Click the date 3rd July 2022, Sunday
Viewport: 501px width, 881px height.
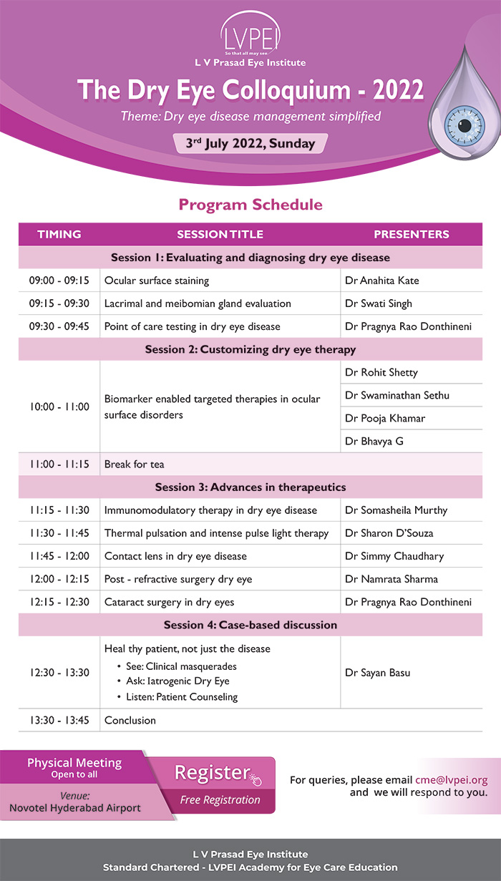(250, 143)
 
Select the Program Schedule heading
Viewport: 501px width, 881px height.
(250, 205)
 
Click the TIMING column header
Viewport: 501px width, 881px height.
(59, 234)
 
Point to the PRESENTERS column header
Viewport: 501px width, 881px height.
(412, 234)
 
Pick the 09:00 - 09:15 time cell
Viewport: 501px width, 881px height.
(59, 281)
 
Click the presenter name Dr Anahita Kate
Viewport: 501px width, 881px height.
(382, 281)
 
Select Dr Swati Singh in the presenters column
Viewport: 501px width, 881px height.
(379, 303)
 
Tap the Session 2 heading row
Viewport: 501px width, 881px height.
(250, 349)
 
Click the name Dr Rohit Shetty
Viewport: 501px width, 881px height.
(381, 372)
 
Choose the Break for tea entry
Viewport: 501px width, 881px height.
(135, 464)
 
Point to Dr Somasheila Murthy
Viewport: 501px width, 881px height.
(396, 510)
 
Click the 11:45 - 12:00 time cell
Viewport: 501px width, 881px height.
(59, 556)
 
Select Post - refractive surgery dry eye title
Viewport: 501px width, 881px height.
(178, 579)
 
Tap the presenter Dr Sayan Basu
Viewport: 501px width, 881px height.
(377, 672)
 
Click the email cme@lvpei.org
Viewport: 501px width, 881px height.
(451, 780)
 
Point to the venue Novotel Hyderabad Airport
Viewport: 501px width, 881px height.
(75, 808)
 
